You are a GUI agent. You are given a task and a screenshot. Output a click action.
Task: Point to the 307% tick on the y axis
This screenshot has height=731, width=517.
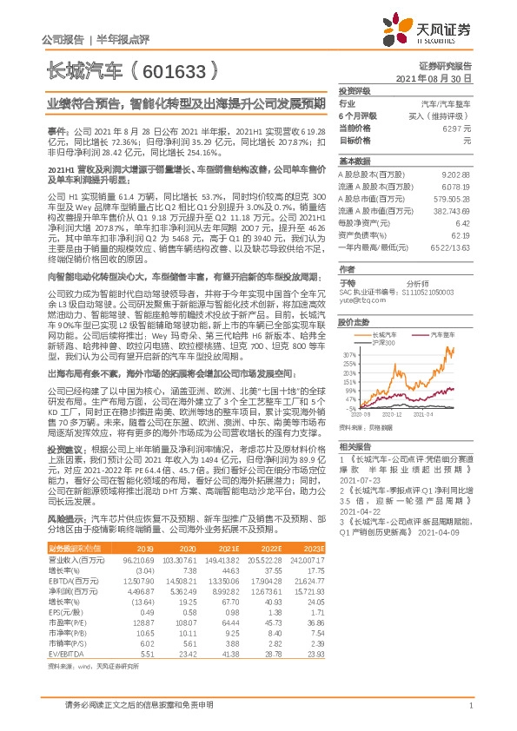click(349, 355)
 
